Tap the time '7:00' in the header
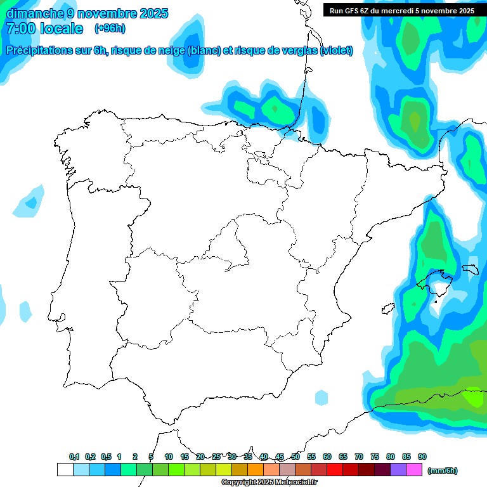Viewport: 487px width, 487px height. pyautogui.click(x=18, y=29)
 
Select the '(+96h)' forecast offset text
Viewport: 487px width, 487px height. pyautogui.click(x=110, y=28)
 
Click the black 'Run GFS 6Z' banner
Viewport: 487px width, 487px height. pyautogui.click(x=402, y=10)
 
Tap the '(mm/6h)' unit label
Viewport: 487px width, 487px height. pyautogui.click(x=443, y=471)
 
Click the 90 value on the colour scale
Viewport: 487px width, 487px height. pyautogui.click(x=422, y=457)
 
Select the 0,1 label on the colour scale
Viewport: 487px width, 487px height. pyautogui.click(x=74, y=457)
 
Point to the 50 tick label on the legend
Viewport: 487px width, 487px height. pyautogui.click(x=295, y=457)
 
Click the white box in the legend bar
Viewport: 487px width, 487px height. pyautogui.click(x=65, y=470)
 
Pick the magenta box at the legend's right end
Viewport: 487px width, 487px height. pyautogui.click(x=415, y=470)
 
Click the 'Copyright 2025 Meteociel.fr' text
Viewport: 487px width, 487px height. pyautogui.click(x=269, y=483)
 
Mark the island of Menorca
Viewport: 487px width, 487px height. pyautogui.click(x=470, y=269)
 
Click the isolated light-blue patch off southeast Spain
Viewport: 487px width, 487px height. pyautogui.click(x=321, y=398)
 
